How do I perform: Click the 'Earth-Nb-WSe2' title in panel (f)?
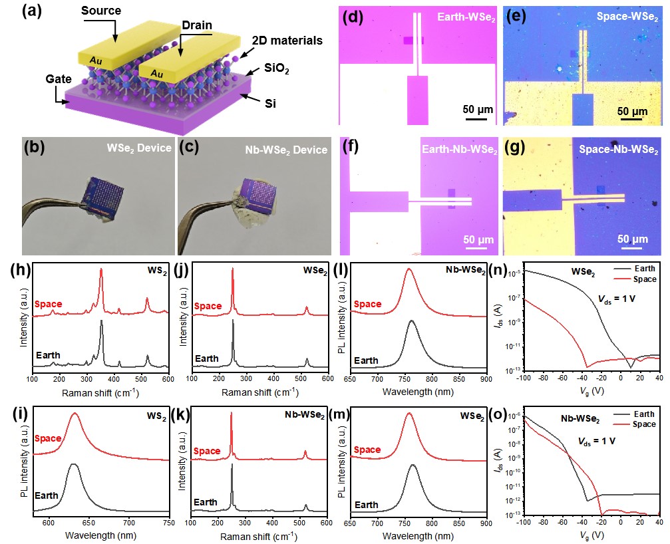tap(460, 150)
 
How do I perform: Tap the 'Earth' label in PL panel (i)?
tap(47, 505)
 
